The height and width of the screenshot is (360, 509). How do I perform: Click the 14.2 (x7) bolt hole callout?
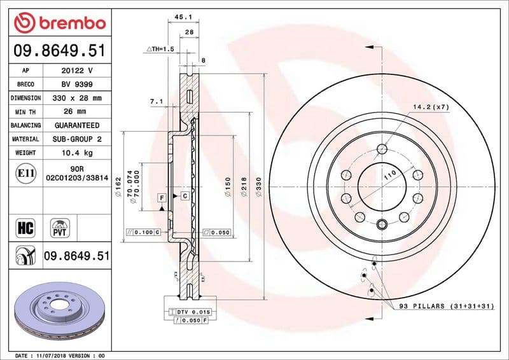tap(430, 107)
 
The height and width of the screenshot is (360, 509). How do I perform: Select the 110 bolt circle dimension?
tap(389, 174)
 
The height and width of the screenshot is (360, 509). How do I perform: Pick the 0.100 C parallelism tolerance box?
tap(144, 233)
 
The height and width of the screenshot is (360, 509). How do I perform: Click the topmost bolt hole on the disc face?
tap(382, 149)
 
